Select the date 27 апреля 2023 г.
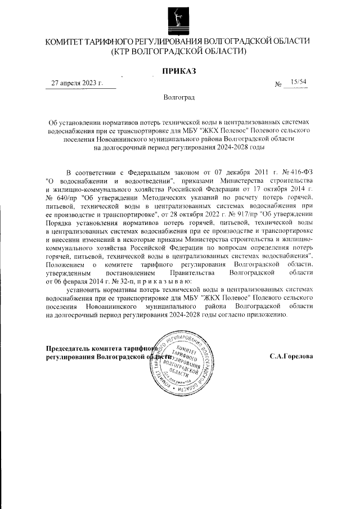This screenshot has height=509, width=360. (78, 83)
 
